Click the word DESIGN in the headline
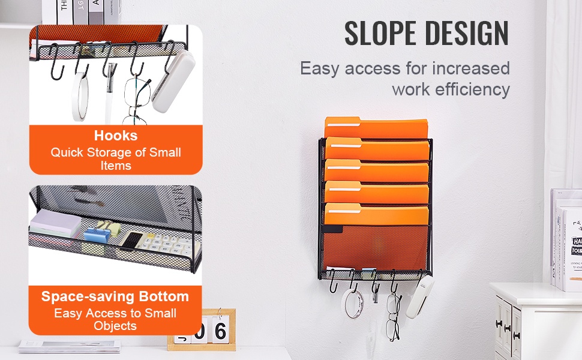tap(467, 34)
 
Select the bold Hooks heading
tap(116, 136)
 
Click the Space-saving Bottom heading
tap(115, 296)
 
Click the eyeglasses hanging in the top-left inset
tap(136, 100)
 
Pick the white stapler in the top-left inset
tap(173, 81)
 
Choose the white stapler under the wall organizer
tap(420, 298)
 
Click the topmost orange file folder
tap(376, 128)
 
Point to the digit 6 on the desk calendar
tap(220, 331)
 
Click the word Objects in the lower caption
tap(115, 326)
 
